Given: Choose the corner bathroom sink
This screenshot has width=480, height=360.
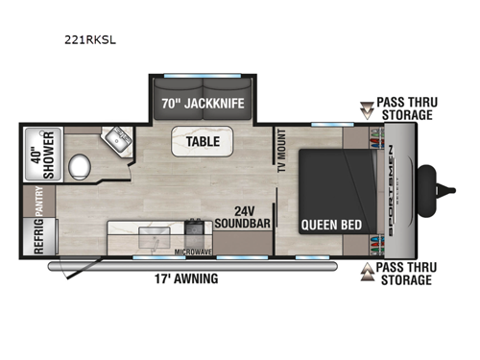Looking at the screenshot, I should point(121,139).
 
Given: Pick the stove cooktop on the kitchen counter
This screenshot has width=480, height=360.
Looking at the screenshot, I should point(193,229).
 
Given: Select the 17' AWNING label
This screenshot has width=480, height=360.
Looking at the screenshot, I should point(183,279).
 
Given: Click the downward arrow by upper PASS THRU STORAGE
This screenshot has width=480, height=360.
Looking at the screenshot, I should point(364,108).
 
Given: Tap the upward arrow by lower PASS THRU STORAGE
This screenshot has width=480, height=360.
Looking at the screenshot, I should point(364,272).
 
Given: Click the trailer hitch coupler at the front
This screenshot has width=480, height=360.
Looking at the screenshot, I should point(445,191).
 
